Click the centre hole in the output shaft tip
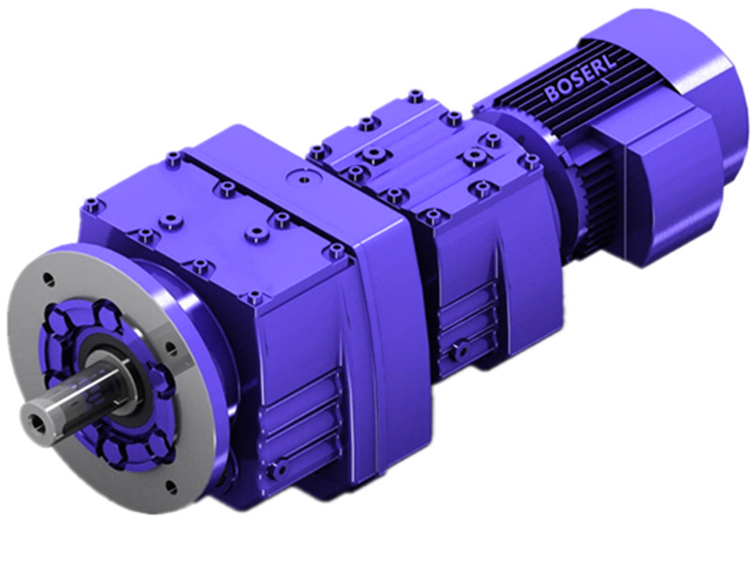pyautogui.click(x=38, y=411)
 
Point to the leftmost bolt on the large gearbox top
pyautogui.click(x=90, y=203)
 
